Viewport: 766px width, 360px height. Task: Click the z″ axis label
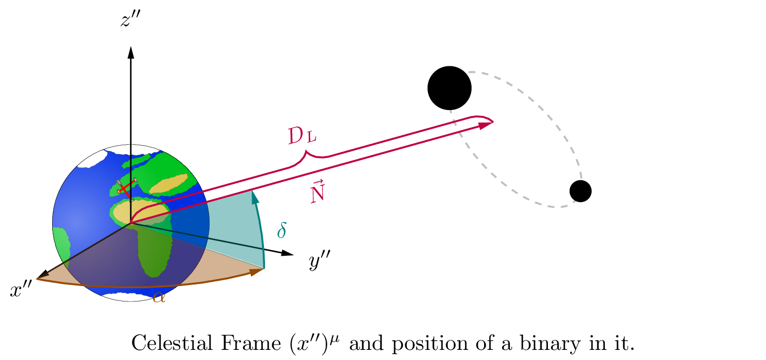coord(130,21)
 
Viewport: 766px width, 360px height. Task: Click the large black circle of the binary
coord(449,88)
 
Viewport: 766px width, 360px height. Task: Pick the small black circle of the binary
coord(580,191)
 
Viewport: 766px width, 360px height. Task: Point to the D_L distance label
coord(302,137)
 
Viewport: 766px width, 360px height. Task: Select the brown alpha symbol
coord(159,297)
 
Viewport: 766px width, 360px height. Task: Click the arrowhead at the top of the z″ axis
coord(131,52)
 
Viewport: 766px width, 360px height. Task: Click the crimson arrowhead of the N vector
coord(485,125)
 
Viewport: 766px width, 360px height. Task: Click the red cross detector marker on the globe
coord(123,188)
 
